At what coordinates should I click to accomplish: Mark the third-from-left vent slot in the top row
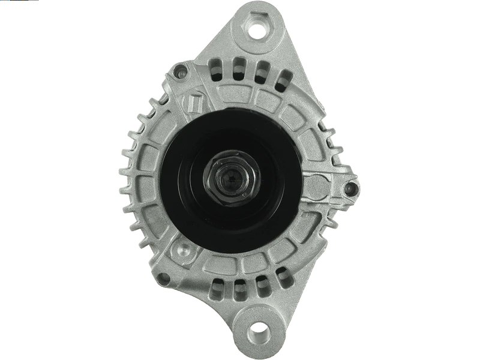[x=261, y=70]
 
